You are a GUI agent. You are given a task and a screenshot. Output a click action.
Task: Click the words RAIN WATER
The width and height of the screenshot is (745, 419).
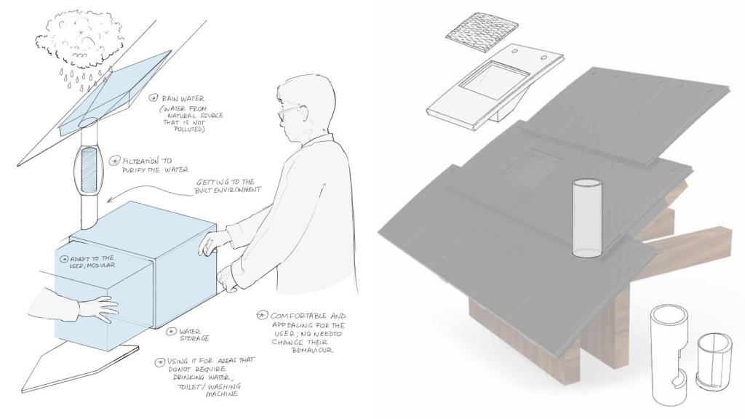click(183, 99)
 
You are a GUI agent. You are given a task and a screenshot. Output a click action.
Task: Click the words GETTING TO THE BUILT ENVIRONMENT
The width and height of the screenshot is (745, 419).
click(228, 185)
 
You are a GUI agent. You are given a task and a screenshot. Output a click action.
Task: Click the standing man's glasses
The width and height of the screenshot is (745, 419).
click(288, 113)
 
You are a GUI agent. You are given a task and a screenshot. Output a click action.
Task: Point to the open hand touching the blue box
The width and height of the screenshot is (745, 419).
click(98, 308)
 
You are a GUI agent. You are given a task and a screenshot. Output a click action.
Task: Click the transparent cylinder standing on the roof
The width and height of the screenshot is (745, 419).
click(587, 218)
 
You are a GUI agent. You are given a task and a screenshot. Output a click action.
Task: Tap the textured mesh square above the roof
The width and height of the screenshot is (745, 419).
click(482, 35)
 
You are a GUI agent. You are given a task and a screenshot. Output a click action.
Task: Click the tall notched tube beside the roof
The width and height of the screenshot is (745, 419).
click(669, 355)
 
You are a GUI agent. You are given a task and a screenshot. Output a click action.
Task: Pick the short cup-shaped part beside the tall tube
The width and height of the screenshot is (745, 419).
click(714, 360)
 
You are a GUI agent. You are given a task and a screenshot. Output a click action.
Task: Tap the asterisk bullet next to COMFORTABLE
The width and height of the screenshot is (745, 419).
click(262, 315)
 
